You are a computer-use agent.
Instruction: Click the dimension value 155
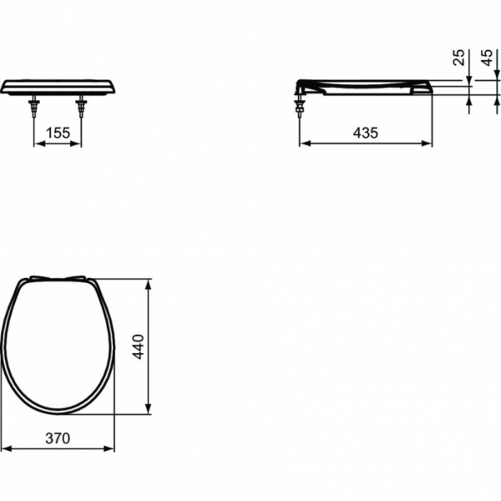(x=58, y=132)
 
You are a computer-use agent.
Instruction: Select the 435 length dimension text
(x=366, y=132)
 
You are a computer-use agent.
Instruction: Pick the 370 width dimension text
(x=58, y=438)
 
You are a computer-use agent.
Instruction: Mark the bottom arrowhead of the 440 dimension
(x=149, y=409)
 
